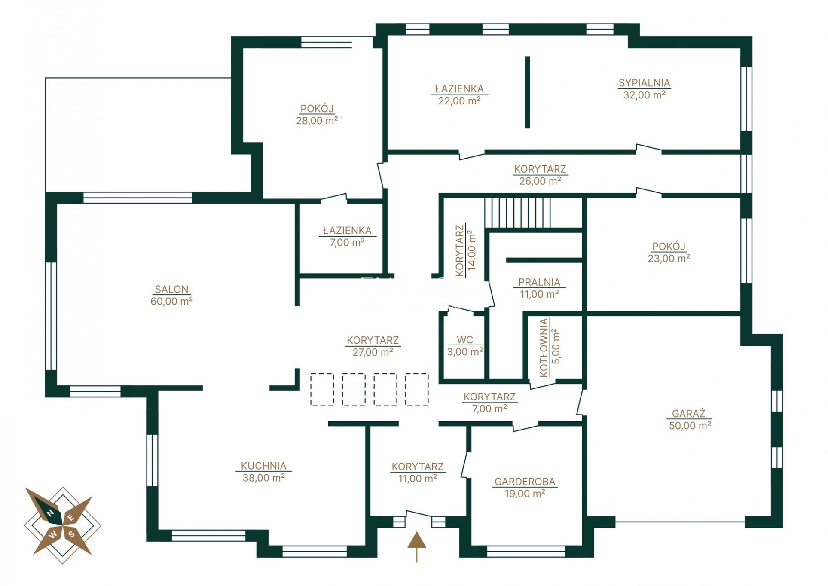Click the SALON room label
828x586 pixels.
coord(171,289)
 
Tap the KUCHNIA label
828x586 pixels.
coord(263,466)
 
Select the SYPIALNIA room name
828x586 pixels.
coord(644,83)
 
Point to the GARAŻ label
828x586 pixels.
coord(689,413)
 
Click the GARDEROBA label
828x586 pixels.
coord(525,482)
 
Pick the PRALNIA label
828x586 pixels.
coord(539,282)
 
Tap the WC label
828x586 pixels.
coord(465,340)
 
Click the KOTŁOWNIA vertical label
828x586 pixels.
coord(544,348)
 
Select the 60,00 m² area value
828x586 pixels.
coord(171,301)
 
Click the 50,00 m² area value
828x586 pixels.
coord(690,425)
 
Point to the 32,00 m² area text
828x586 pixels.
coord(644,95)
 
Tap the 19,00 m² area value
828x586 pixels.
coord(525,494)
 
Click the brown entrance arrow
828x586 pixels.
coord(416,547)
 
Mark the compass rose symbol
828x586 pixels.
coord(63,525)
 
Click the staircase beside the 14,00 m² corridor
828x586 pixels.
coord(518,213)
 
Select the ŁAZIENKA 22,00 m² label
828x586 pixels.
coord(459,95)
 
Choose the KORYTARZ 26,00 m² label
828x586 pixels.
coord(540,175)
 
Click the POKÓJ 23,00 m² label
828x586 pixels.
coord(669,253)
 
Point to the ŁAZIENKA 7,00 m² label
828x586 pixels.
coord(347,237)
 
